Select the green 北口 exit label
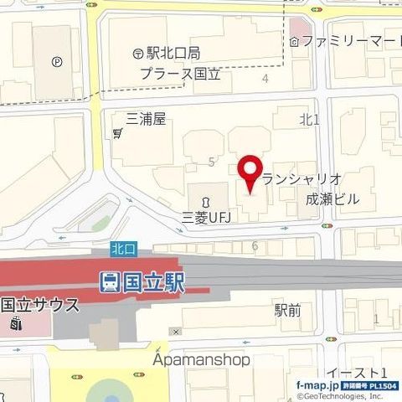coord(122,249)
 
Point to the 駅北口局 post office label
coord(173,53)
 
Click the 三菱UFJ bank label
coord(205,217)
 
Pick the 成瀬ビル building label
coord(332,200)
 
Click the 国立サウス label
coord(40,304)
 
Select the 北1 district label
coord(309,120)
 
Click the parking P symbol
coord(57,60)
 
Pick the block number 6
coord(255,245)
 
